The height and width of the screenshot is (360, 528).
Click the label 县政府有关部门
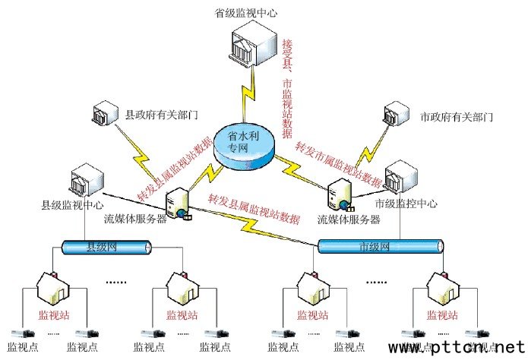coord(162,115)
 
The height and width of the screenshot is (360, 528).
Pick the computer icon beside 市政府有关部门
coord(397,115)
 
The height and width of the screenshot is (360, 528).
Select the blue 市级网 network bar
coord(380,246)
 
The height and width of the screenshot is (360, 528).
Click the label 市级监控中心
coord(407,204)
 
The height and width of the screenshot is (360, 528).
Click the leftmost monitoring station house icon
coord(58,289)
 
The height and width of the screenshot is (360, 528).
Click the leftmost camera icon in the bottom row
coord(21,333)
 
